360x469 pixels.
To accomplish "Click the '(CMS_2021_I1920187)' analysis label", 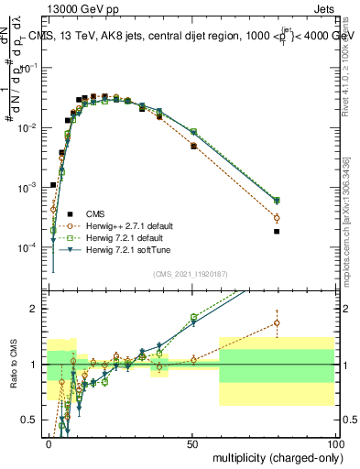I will [x=190, y=274].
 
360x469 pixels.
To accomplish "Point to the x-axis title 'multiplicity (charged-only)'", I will [x=273, y=457].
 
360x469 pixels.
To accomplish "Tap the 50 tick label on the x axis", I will [x=192, y=442].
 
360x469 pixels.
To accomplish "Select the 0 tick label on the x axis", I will [x=49, y=442].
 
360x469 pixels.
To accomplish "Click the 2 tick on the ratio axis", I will [x=35, y=309].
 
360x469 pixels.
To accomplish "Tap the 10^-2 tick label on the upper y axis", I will [x=28, y=127].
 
